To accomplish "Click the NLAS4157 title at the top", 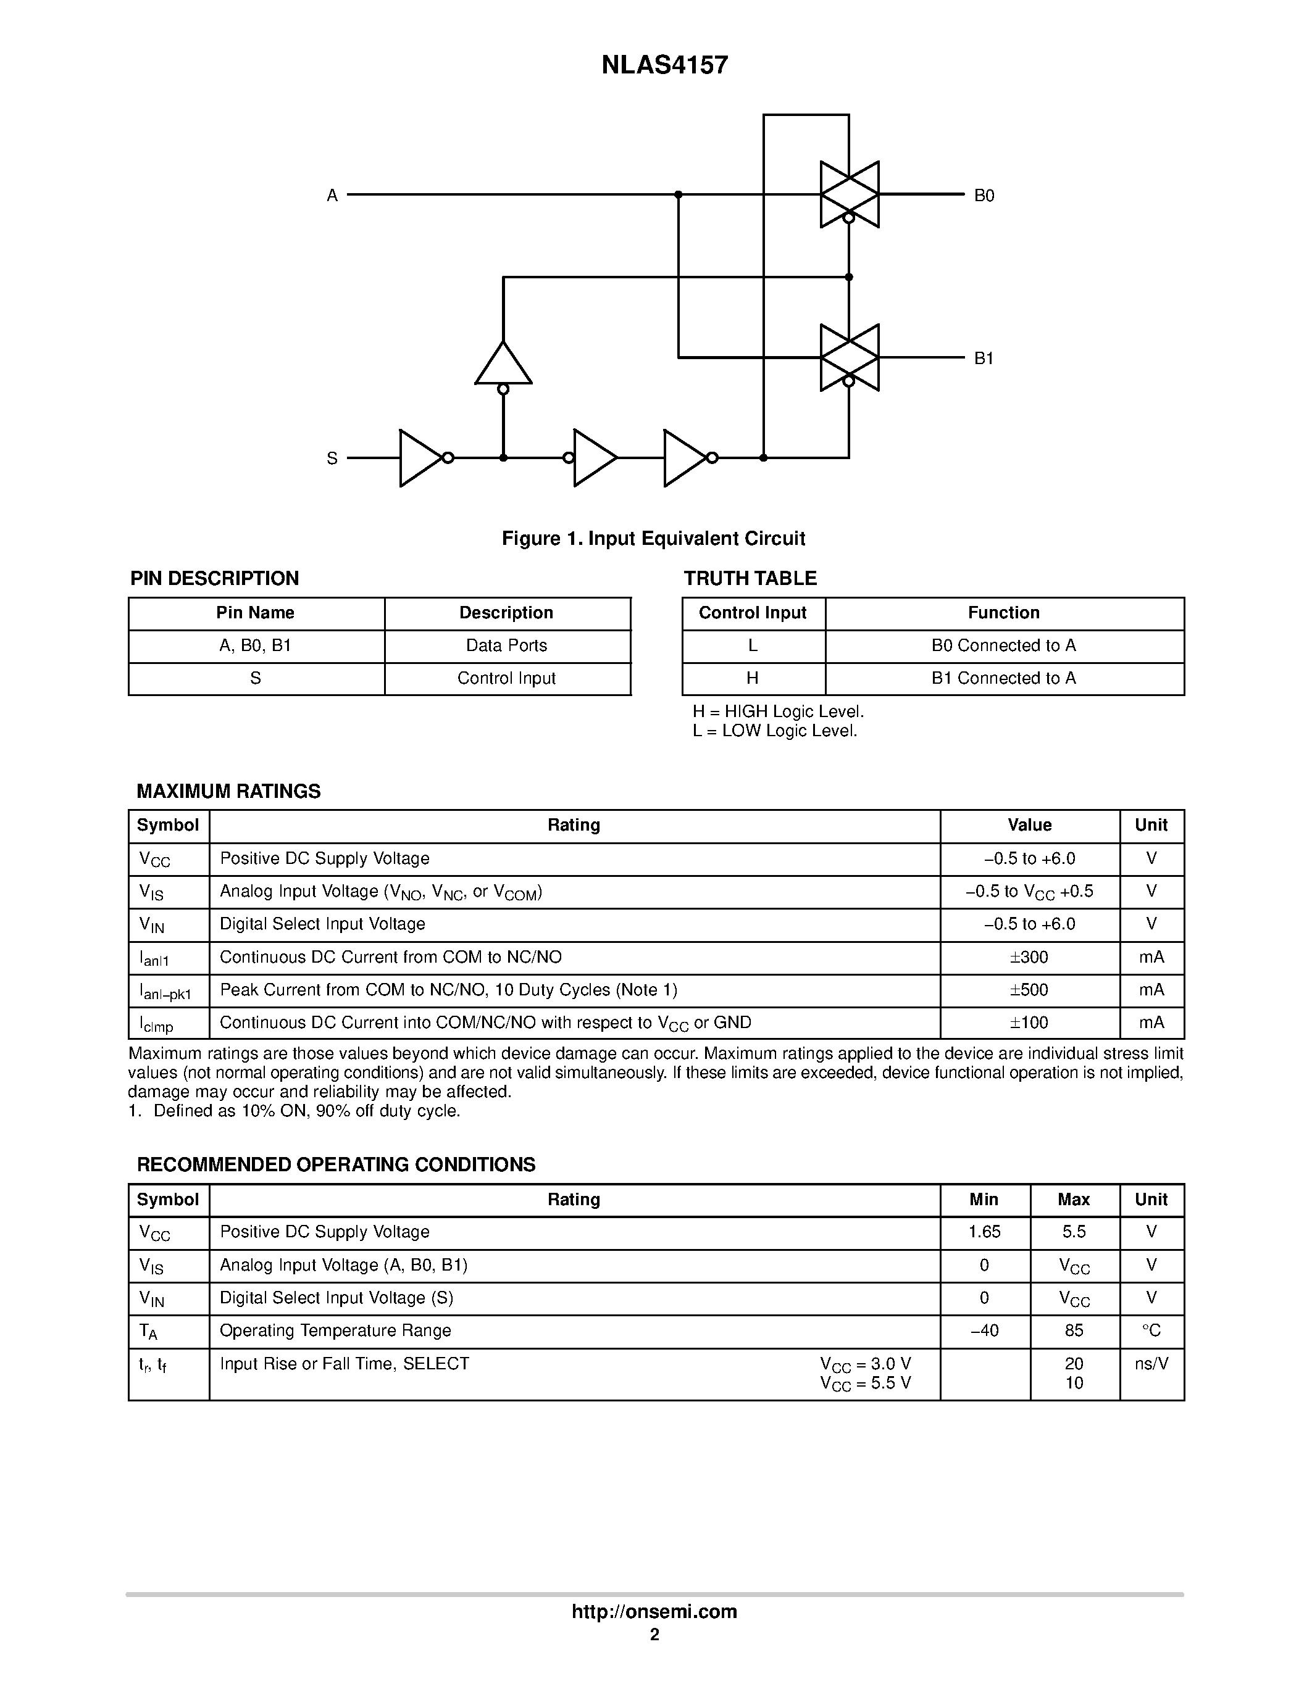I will [664, 65].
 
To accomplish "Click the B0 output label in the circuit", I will [984, 196].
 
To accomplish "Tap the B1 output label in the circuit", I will [984, 358].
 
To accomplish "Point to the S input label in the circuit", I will [332, 458].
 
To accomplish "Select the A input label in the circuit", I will [332, 196].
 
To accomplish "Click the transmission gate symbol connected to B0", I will [850, 194].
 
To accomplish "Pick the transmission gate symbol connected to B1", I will [850, 357].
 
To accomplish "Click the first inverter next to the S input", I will [420, 458].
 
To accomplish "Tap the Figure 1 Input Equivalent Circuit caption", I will [653, 539].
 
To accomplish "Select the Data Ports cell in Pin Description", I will [506, 645].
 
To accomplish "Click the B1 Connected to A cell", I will [1003, 678].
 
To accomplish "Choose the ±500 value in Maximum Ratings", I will [1029, 990].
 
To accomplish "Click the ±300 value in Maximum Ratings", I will [1029, 957].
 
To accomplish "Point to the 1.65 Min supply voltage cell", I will [984, 1232].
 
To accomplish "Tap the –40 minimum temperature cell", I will [984, 1331].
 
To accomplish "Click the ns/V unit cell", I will [1151, 1364].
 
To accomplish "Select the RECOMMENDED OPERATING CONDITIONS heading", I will [336, 1164].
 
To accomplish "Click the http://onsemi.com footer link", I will [654, 1611].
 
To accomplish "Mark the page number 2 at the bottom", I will [654, 1635].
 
